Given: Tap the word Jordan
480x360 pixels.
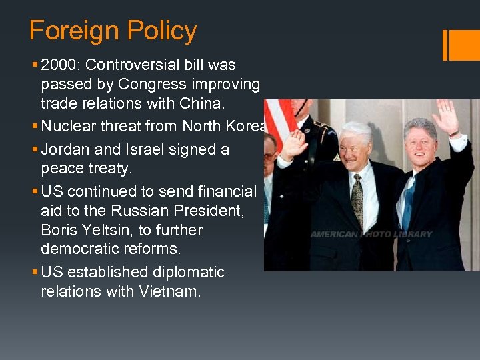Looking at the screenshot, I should click(x=63, y=149).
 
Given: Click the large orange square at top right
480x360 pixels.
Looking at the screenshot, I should click(x=465, y=45).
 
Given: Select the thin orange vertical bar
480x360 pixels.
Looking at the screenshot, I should click(x=445, y=45).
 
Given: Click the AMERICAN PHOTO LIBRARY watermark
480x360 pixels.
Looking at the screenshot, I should click(x=371, y=235).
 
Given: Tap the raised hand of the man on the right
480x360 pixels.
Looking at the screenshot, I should click(x=444, y=117).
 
